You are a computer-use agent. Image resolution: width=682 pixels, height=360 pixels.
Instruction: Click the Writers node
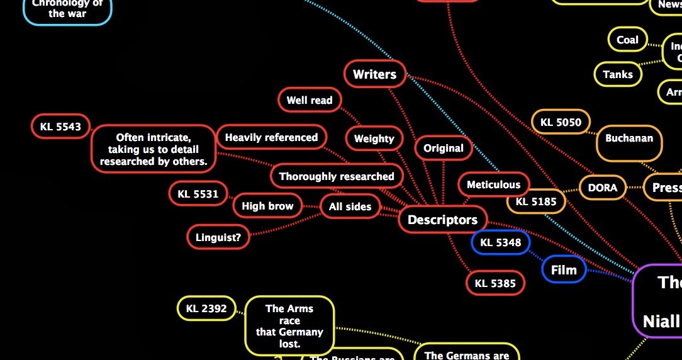coord(374,74)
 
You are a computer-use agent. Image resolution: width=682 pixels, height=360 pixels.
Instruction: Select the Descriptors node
coord(442,220)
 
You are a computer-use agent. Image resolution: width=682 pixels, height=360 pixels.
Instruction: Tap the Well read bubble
coord(310,100)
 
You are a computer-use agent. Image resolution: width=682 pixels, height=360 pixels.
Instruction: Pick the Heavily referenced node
coord(271,137)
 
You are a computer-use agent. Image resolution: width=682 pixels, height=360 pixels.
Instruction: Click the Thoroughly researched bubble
coord(337,176)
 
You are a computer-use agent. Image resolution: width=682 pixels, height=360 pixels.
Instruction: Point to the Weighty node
coord(374,138)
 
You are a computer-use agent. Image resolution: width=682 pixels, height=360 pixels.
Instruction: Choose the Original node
coord(443,149)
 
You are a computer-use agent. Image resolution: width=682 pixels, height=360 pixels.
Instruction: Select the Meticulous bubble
coord(493,184)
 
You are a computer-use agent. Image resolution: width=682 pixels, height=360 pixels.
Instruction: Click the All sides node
coord(350,206)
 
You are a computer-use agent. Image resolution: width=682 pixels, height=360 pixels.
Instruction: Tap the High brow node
coord(267,206)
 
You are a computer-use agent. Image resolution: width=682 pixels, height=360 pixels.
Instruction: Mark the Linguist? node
coord(218,237)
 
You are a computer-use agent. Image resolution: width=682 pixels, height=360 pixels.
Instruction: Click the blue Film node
coord(564,270)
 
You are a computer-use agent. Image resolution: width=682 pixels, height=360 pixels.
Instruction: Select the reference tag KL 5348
coord(500,242)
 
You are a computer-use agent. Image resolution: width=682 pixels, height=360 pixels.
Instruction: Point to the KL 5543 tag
coord(60,126)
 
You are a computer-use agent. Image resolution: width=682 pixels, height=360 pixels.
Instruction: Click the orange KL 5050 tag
coord(561,122)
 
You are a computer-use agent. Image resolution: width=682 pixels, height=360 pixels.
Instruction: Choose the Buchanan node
coord(629,138)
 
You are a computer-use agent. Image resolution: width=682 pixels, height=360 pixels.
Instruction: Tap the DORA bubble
coord(602,187)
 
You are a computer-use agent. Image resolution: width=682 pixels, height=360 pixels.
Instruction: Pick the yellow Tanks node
coord(617,74)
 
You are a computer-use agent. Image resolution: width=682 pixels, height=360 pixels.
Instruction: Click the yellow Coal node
coord(627,40)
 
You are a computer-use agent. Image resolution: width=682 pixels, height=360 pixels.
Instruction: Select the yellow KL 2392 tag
coord(206,308)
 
